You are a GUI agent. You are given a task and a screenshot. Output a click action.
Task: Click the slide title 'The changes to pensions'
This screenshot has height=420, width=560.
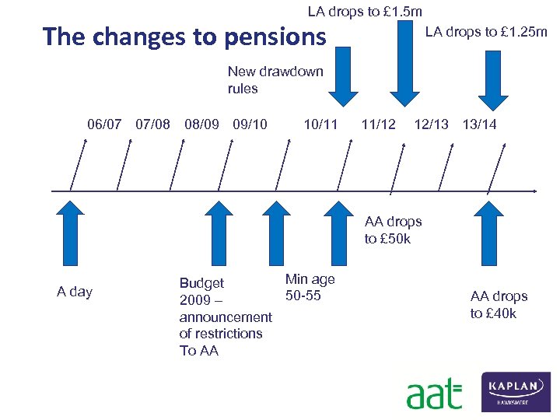tap(185, 37)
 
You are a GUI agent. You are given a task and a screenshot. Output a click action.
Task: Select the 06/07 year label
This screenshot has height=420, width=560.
tap(104, 124)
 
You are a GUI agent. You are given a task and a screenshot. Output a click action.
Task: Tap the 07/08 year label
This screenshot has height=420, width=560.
tap(152, 124)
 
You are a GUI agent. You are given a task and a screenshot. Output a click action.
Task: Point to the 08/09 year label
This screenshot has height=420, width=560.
tap(201, 124)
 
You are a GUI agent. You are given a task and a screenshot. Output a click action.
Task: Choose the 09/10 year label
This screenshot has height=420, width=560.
tap(250, 124)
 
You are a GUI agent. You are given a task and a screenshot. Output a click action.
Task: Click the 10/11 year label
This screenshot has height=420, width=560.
tap(320, 124)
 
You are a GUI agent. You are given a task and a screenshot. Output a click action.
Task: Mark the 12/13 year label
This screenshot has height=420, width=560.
tap(431, 124)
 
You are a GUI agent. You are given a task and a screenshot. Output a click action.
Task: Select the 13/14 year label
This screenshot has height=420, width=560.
tap(479, 124)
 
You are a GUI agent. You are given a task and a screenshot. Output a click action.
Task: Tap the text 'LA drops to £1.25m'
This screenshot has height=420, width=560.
tap(485, 32)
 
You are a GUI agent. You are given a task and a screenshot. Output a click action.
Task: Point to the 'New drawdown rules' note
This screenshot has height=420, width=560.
tap(275, 80)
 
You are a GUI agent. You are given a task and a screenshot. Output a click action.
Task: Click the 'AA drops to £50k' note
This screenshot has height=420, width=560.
tap(393, 230)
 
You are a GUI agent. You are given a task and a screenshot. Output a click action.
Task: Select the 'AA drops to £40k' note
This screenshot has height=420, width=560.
tap(499, 305)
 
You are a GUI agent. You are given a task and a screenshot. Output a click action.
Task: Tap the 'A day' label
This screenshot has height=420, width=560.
tap(75, 292)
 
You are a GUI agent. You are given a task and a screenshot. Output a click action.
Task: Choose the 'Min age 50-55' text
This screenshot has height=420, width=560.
tap(310, 287)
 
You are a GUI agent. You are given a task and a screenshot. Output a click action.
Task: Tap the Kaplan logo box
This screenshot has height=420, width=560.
tap(516, 391)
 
